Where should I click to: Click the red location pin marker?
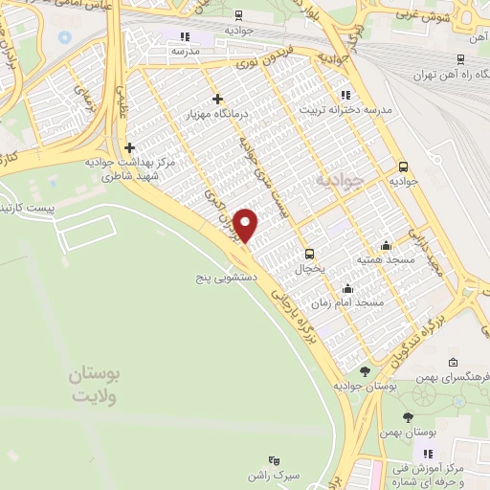coord(247,226)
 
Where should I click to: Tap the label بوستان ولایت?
coord(93,382)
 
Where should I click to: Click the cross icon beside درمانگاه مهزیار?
coord(218,99)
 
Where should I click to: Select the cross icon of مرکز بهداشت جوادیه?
coord(130,147)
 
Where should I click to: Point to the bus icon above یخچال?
coord(309,254)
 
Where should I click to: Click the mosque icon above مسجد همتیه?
coord(386,244)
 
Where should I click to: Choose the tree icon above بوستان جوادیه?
coord(364,369)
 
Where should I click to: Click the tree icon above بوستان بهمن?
coord(409,417)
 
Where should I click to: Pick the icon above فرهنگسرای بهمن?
coord(452,364)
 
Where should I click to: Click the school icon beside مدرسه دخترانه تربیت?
coord(345,95)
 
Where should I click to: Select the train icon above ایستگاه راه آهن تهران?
coord(461,59)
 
